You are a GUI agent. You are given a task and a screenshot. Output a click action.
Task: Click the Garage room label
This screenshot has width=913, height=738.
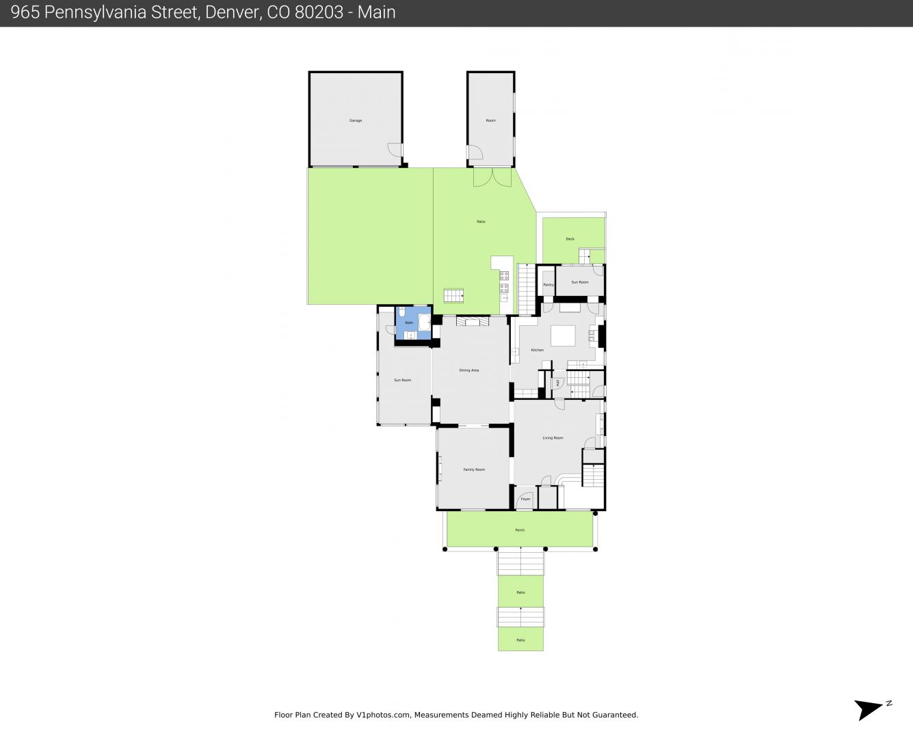point(356,120)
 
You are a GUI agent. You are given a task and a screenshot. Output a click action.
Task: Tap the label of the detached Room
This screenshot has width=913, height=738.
point(490,120)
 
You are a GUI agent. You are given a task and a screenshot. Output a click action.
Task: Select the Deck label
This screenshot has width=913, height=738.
point(570,239)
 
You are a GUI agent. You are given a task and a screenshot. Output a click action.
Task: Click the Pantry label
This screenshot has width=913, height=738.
point(548,285)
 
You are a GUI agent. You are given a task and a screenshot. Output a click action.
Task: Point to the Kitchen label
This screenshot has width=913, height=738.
point(538,350)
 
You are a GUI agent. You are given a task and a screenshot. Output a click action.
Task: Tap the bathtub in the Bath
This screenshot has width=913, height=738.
point(424,323)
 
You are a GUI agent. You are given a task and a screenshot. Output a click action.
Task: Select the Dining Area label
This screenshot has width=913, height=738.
point(469,370)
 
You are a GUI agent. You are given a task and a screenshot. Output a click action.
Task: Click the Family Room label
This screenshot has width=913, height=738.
point(474,469)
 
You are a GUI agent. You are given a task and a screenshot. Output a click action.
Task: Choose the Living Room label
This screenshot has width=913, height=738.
point(553,438)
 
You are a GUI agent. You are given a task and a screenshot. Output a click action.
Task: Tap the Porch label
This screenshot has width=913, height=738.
point(520,530)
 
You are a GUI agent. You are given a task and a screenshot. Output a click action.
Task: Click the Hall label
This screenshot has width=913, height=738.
point(558,383)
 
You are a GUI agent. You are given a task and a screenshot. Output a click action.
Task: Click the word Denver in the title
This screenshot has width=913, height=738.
point(230,12)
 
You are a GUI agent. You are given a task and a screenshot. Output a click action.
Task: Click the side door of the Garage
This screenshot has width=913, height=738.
point(395,150)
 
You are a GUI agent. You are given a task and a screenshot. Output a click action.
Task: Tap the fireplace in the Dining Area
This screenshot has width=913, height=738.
point(473,321)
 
